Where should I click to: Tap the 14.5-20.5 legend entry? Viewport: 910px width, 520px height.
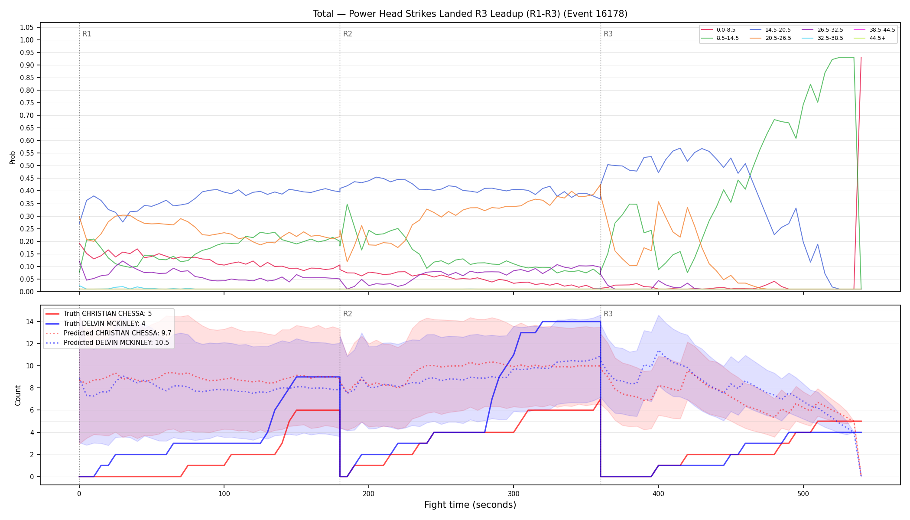coord(770,30)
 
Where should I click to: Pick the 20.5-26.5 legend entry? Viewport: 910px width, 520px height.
coord(770,38)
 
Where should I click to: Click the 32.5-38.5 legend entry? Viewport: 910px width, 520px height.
coord(822,38)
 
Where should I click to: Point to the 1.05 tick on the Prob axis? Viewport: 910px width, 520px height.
coord(27,28)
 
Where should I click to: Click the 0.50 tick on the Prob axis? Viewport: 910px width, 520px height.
coord(27,166)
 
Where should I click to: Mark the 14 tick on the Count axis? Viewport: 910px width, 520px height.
coord(30,322)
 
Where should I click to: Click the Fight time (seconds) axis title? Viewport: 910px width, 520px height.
coord(470,505)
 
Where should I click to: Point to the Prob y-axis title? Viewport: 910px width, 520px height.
coord(13,157)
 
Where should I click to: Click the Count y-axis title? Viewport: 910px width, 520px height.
coord(18,395)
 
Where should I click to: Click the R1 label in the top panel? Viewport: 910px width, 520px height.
coord(87,34)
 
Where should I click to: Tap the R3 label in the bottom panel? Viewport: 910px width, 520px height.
coord(608,314)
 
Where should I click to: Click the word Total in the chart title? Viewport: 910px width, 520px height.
coord(323,14)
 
